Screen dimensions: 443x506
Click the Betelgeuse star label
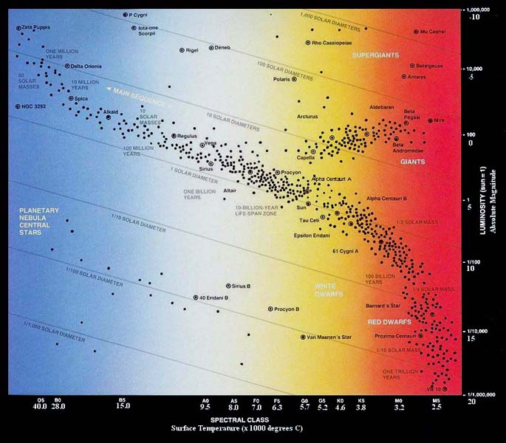pyautogui.click(x=430, y=65)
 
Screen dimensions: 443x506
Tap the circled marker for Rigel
pyautogui.click(x=182, y=49)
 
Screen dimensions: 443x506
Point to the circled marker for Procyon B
pyautogui.click(x=270, y=309)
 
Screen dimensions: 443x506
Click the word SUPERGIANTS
pyautogui.click(x=375, y=55)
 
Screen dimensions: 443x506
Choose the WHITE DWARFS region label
pyautogui.click(x=329, y=289)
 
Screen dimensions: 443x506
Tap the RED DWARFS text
pyautogui.click(x=384, y=323)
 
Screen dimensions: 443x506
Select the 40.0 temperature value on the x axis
pyautogui.click(x=40, y=407)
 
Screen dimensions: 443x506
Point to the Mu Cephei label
pyautogui.click(x=434, y=32)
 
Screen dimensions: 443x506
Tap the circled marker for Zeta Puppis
pyautogui.click(x=18, y=28)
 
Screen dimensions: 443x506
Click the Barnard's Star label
pyautogui.click(x=383, y=305)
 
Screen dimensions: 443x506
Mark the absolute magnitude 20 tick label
pyautogui.click(x=471, y=402)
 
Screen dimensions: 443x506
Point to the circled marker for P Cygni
pyautogui.click(x=125, y=15)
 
